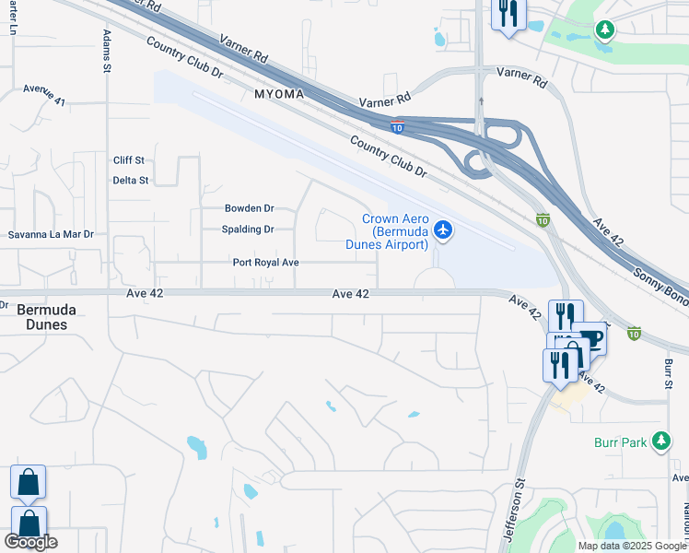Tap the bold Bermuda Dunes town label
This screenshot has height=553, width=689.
(x=46, y=318)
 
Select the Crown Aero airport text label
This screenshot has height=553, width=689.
(x=394, y=231)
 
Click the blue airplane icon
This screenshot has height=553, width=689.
(x=443, y=229)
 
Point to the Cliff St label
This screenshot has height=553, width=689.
(x=129, y=160)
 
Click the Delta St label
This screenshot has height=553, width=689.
(x=130, y=181)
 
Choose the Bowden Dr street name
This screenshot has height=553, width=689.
(x=250, y=209)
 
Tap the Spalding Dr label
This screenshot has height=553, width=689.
(x=248, y=229)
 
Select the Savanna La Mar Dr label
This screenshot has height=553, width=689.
(x=52, y=235)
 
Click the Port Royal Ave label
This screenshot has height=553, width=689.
(x=266, y=263)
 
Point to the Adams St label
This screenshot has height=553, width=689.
(x=107, y=50)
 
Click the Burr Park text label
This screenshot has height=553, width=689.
(x=620, y=443)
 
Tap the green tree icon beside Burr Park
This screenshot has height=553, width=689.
(x=660, y=442)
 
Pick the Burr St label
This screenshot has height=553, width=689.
(x=667, y=374)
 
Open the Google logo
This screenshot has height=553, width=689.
(x=30, y=543)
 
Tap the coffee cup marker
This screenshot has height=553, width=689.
(x=590, y=339)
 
